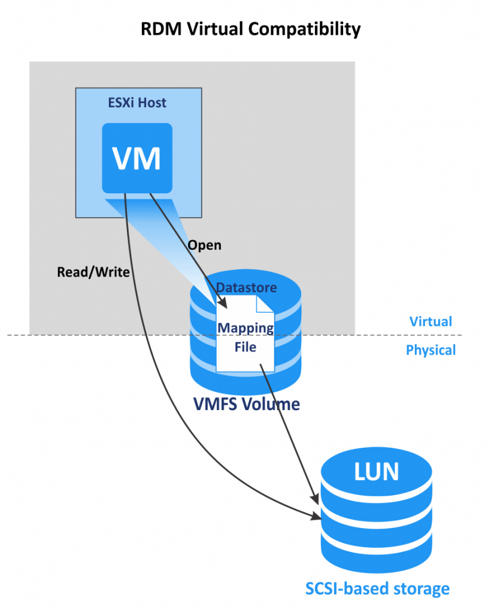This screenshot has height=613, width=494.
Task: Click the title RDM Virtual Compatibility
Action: (250, 28)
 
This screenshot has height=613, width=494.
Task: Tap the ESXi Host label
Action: (137, 103)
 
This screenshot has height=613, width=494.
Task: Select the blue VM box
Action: (137, 158)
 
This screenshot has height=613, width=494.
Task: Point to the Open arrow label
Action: (204, 245)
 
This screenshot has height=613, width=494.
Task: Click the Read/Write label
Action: (93, 272)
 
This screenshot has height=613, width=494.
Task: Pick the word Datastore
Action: (246, 287)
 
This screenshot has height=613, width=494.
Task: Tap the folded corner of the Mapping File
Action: (265, 304)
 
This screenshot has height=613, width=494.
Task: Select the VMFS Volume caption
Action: (246, 404)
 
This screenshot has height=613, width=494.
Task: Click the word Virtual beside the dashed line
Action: (431, 321)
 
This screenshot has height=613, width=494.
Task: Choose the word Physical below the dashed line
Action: (431, 350)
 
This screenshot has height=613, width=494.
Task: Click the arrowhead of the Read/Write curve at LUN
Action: (315, 516)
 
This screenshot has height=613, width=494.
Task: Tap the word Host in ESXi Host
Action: (152, 103)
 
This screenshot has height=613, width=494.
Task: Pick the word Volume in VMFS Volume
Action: (269, 404)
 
